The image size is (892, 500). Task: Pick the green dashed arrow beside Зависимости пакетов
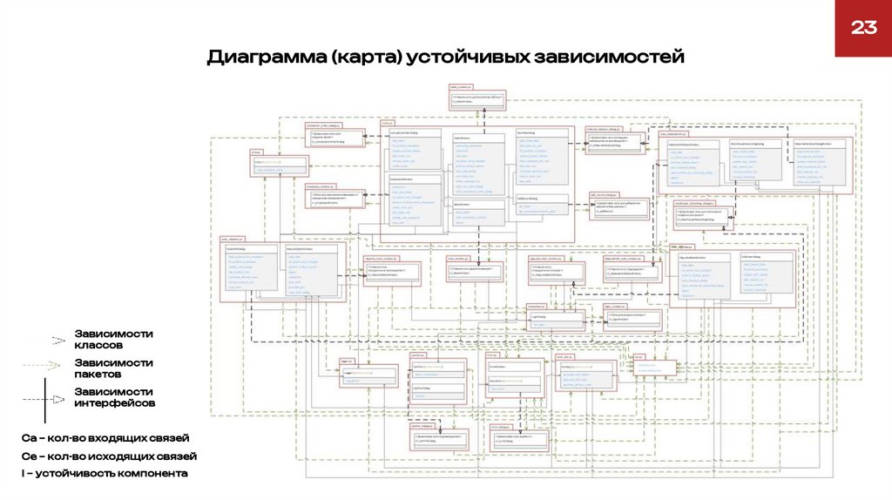pyautogui.click(x=58, y=368)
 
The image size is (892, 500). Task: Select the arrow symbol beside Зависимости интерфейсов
pyautogui.click(x=57, y=398)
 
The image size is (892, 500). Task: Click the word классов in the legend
pyautogui.click(x=99, y=346)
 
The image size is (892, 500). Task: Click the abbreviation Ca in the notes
pyautogui.click(x=29, y=437)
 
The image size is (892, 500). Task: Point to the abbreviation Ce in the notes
pyautogui.click(x=29, y=456)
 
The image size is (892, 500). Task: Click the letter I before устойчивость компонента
pyautogui.click(x=24, y=473)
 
